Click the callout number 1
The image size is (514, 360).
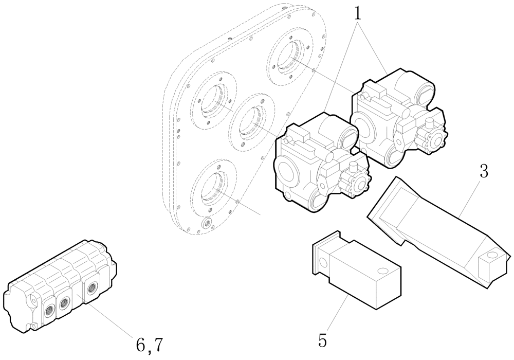[x=357, y=12]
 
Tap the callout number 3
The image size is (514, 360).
[x=483, y=172]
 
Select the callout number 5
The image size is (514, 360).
[x=322, y=340]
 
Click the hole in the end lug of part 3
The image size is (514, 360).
[x=492, y=255]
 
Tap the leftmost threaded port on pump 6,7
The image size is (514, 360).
[x=51, y=309]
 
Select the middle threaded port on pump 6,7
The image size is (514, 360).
[x=64, y=304]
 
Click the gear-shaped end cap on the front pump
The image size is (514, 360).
[x=356, y=187]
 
